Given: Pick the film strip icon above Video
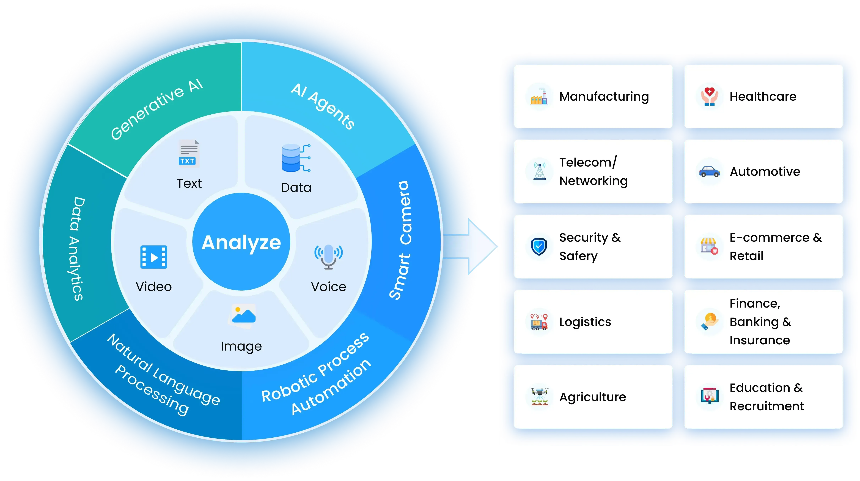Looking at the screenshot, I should point(154,257).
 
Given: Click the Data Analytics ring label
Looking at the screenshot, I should point(78,248).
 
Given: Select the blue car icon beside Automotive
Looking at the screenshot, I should point(709,172).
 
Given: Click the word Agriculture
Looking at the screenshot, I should point(593,397).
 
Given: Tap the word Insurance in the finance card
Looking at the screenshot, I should point(760,340).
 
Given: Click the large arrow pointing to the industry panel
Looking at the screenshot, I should point(474,247).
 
